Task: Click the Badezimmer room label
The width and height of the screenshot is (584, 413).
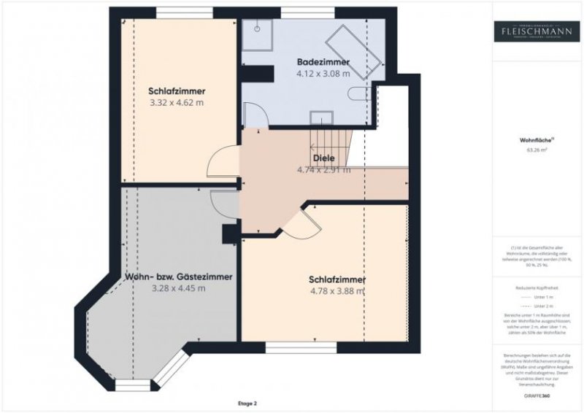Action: pyautogui.click(x=322, y=62)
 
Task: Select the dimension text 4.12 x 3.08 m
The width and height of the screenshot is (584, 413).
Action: pyautogui.click(x=322, y=74)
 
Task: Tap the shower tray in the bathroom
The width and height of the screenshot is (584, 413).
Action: pyautogui.click(x=256, y=30)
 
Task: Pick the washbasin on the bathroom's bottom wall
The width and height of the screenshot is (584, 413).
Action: pyautogui.click(x=322, y=118)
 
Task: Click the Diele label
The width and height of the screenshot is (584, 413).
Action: pyautogui.click(x=323, y=158)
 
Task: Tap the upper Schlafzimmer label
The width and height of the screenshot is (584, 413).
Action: pyautogui.click(x=176, y=91)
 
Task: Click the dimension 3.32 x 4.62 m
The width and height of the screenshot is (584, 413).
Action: pyautogui.click(x=176, y=104)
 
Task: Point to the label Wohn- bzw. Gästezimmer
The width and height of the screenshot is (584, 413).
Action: pyautogui.click(x=178, y=277)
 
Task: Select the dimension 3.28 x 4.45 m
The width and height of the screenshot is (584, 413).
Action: pyautogui.click(x=178, y=288)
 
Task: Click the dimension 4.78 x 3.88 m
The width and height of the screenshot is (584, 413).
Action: pyautogui.click(x=337, y=291)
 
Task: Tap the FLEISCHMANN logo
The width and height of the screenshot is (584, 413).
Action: pyautogui.click(x=536, y=31)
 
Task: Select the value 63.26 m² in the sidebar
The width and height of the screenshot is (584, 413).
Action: pyautogui.click(x=536, y=150)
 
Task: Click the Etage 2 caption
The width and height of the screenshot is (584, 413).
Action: pyautogui.click(x=247, y=403)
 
